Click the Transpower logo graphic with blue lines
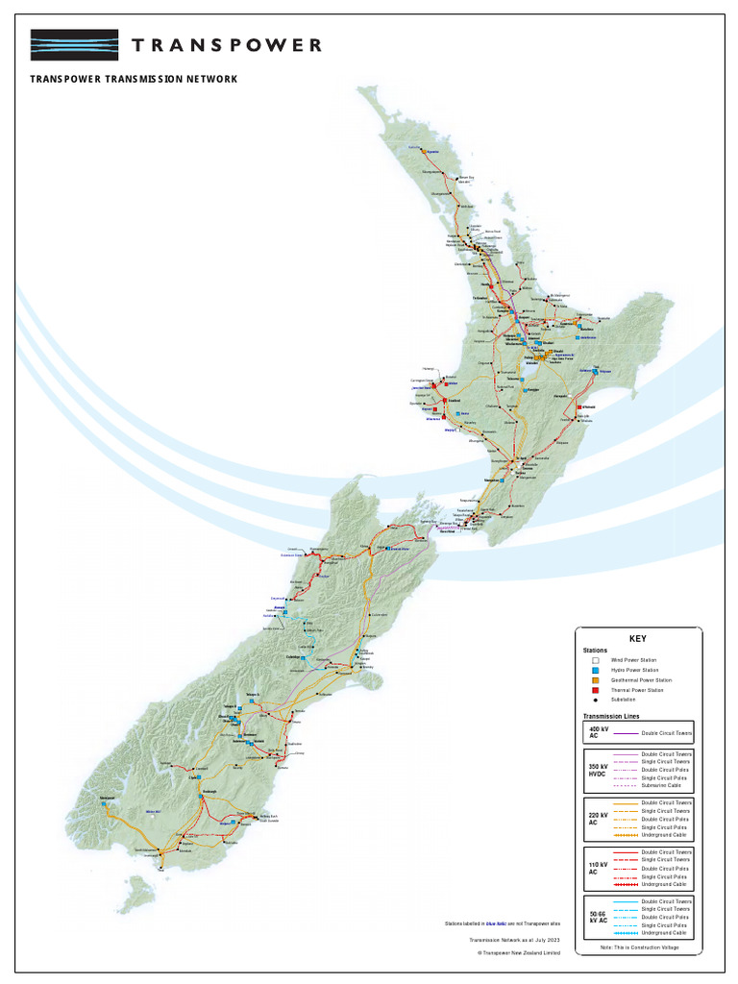(74, 45)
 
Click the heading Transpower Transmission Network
(134, 79)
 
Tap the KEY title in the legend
(638, 638)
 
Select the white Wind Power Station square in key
(597, 660)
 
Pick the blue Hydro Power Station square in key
(597, 670)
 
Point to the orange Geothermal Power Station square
(597, 680)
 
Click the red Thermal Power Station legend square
(597, 690)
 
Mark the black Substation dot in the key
(597, 701)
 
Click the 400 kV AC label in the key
(595, 732)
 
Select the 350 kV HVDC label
(596, 770)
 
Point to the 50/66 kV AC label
(596, 917)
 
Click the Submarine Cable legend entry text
(662, 785)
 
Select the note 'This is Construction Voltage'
(638, 948)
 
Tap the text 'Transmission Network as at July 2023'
(514, 939)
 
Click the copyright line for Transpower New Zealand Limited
(518, 953)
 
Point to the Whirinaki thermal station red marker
(578, 407)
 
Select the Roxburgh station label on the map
(209, 792)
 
